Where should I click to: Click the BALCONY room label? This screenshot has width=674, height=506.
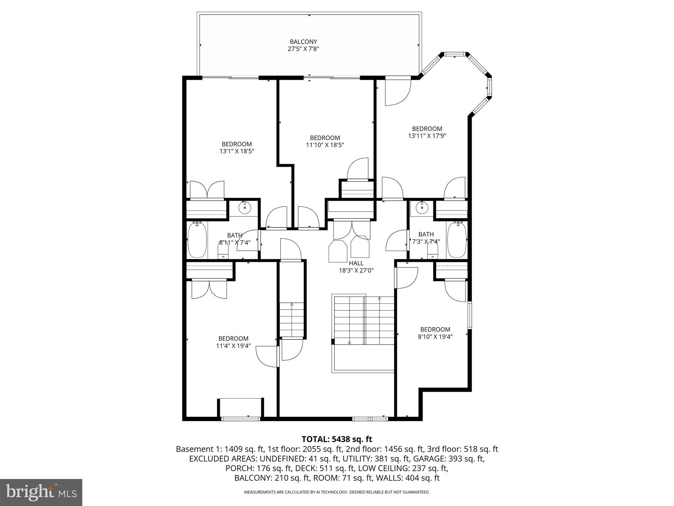click(303, 42)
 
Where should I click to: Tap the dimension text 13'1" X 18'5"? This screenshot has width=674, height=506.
click(237, 152)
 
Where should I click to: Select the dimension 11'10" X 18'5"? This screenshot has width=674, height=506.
click(325, 145)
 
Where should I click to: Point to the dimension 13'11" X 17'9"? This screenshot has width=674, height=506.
click(427, 136)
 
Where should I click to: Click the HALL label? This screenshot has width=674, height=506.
click(356, 263)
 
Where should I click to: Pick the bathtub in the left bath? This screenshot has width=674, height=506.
click(197, 240)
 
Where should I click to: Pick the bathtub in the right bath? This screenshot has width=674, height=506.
click(456, 240)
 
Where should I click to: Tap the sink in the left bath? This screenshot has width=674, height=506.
click(245, 208)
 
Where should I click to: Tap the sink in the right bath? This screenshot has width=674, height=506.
click(421, 208)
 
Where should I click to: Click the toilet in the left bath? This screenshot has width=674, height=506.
click(223, 251)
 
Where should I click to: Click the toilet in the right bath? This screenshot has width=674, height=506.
click(432, 252)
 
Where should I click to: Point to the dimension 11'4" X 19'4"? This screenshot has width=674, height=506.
click(233, 346)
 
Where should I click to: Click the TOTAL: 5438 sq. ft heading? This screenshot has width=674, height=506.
click(337, 439)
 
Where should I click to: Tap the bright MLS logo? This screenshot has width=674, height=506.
click(41, 492)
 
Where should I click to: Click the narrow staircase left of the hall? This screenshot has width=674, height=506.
click(292, 320)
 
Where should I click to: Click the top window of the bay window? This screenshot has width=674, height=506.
click(455, 54)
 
